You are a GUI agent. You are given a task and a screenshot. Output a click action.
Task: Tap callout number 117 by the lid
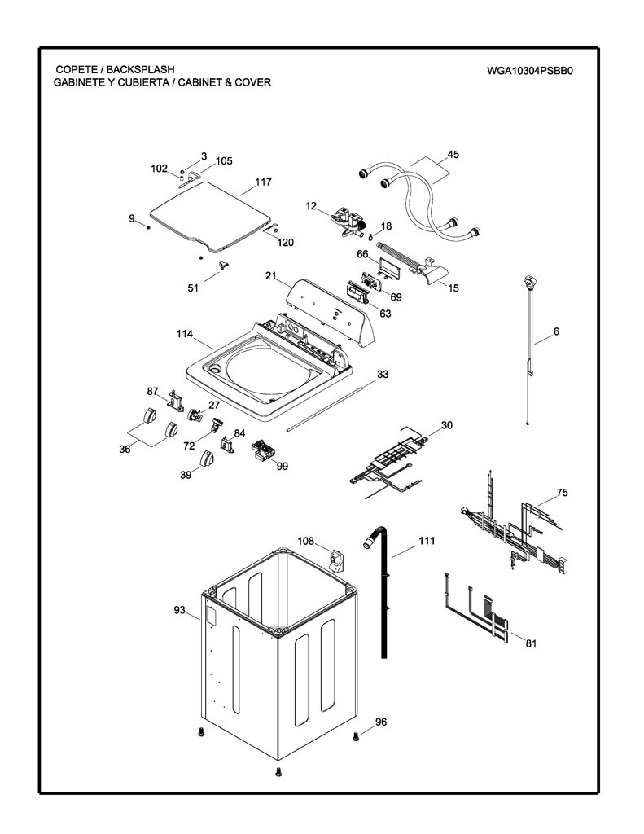pos(263,182)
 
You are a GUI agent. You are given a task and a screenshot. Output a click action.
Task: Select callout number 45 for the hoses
pos(453,155)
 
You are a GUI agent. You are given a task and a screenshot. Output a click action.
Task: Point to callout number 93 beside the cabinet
pos(180,609)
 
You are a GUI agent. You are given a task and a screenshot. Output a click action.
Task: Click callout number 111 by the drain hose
pos(427,541)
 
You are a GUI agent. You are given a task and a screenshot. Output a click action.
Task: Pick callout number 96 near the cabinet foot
pos(381,722)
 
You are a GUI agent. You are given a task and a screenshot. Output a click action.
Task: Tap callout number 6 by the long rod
pos(556,331)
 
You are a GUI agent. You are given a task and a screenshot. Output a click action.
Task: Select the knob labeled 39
pos(206,458)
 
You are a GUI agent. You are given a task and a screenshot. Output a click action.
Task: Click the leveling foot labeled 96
pos(356,736)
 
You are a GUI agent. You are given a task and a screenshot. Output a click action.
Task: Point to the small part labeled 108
pos(336,560)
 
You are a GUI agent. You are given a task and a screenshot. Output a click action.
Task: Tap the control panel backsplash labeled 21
pos(331,312)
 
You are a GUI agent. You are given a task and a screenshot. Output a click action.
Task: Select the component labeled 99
pos(263,450)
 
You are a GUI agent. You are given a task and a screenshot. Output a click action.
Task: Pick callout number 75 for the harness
pos(562,493)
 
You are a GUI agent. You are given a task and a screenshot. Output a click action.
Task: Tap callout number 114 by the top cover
pos(185,334)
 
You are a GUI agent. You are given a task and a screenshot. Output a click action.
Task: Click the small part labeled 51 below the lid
pos(223,265)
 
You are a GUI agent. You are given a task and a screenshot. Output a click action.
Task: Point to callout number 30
pos(447,425)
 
